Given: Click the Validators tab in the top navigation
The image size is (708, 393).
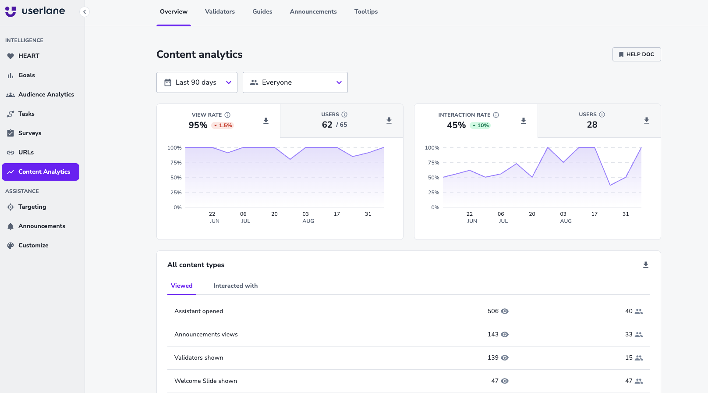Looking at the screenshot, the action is pyautogui.click(x=219, y=12).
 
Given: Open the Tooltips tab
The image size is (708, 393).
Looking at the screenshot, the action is pyautogui.click(x=366, y=12).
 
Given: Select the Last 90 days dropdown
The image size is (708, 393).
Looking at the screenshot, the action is pyautogui.click(x=197, y=82).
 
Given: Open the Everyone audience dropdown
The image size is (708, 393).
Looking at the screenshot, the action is pyautogui.click(x=295, y=82).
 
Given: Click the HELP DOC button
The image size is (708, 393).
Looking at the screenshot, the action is pyautogui.click(x=636, y=54).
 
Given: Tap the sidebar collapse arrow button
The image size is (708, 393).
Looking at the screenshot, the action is pyautogui.click(x=85, y=12).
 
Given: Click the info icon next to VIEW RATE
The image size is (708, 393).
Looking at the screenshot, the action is pyautogui.click(x=227, y=115).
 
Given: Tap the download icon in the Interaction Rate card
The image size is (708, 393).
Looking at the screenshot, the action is pyautogui.click(x=524, y=121).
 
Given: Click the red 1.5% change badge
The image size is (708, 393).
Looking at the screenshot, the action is pyautogui.click(x=223, y=125).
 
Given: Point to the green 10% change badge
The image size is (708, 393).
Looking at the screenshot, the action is pyautogui.click(x=480, y=125).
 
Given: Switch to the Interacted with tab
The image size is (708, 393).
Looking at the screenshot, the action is pyautogui.click(x=235, y=286).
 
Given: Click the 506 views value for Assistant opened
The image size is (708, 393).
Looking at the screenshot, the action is pyautogui.click(x=493, y=311).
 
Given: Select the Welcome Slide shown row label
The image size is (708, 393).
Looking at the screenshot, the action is pyautogui.click(x=205, y=381).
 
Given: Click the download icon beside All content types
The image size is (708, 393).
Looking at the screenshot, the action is pyautogui.click(x=646, y=265).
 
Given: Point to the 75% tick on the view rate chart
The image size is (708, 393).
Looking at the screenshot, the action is pyautogui.click(x=176, y=163).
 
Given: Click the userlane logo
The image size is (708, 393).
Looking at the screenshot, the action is pyautogui.click(x=35, y=11).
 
